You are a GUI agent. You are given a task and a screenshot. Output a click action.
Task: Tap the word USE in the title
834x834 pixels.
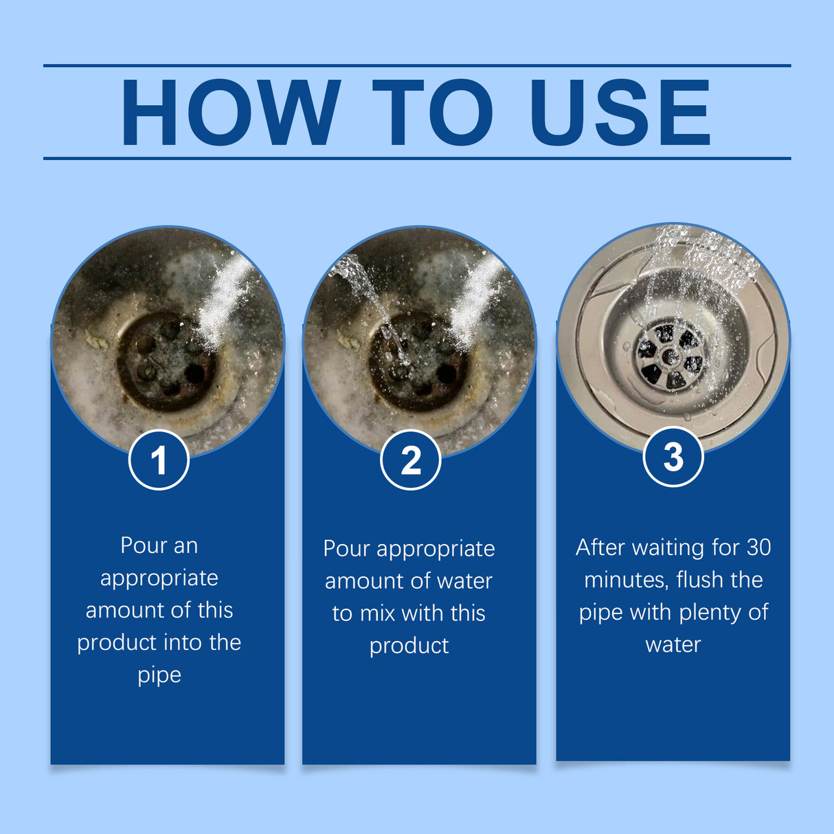pyautogui.click(x=620, y=112)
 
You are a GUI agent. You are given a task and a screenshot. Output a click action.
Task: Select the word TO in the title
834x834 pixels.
pyautogui.click(x=432, y=112)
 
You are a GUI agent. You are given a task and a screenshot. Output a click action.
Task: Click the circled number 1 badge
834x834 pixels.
pyautogui.click(x=159, y=460)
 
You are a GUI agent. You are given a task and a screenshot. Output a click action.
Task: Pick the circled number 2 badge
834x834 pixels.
pyautogui.click(x=411, y=460)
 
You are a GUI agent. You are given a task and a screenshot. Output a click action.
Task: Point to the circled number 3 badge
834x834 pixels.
pyautogui.click(x=673, y=457)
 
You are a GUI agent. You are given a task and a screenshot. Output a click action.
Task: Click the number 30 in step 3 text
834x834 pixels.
pyautogui.click(x=758, y=547)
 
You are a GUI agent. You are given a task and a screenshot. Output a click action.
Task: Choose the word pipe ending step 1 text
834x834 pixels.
pyautogui.click(x=159, y=675)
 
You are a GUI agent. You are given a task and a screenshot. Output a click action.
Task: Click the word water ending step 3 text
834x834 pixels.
pyautogui.click(x=673, y=644)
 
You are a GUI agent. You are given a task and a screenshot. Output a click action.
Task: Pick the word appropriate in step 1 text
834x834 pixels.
pyautogui.click(x=159, y=578)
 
